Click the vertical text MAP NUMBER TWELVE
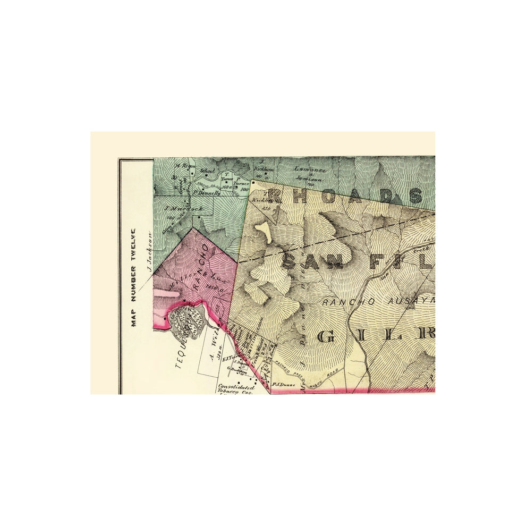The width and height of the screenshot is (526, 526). click(134, 277)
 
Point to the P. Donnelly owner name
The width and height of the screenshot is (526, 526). click(207, 193)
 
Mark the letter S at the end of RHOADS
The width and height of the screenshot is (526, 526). click(415, 197)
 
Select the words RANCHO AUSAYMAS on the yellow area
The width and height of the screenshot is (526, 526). click(377, 301)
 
